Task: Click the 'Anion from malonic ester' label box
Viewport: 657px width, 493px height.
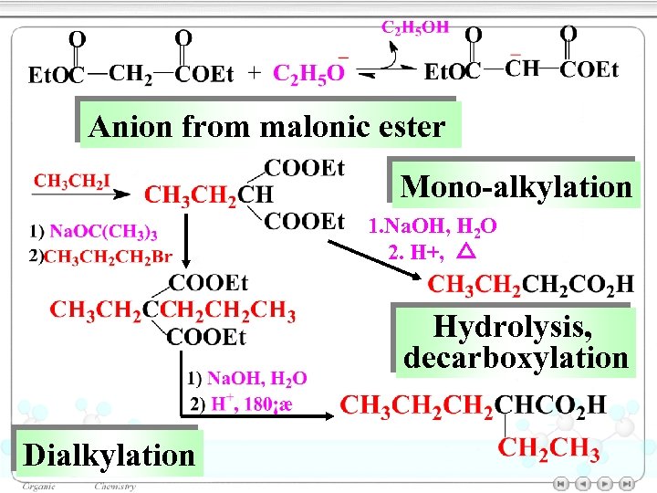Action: (266, 125)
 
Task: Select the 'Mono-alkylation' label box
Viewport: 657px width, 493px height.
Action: (516, 186)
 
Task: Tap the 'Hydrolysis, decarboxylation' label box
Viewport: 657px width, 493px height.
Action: (516, 341)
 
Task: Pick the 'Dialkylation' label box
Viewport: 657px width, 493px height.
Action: (109, 454)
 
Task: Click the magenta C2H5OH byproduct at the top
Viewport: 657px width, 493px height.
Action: (414, 27)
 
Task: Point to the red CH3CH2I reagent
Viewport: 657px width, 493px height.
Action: (72, 180)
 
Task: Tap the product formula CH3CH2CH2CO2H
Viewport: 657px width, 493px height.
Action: (530, 285)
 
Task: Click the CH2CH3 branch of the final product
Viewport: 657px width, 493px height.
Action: (549, 449)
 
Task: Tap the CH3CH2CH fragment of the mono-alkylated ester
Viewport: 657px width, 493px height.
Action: (208, 194)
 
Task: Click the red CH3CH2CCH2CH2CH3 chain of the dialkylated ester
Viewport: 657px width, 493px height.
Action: (172, 311)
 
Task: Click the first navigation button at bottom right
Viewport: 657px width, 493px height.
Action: (562, 483)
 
